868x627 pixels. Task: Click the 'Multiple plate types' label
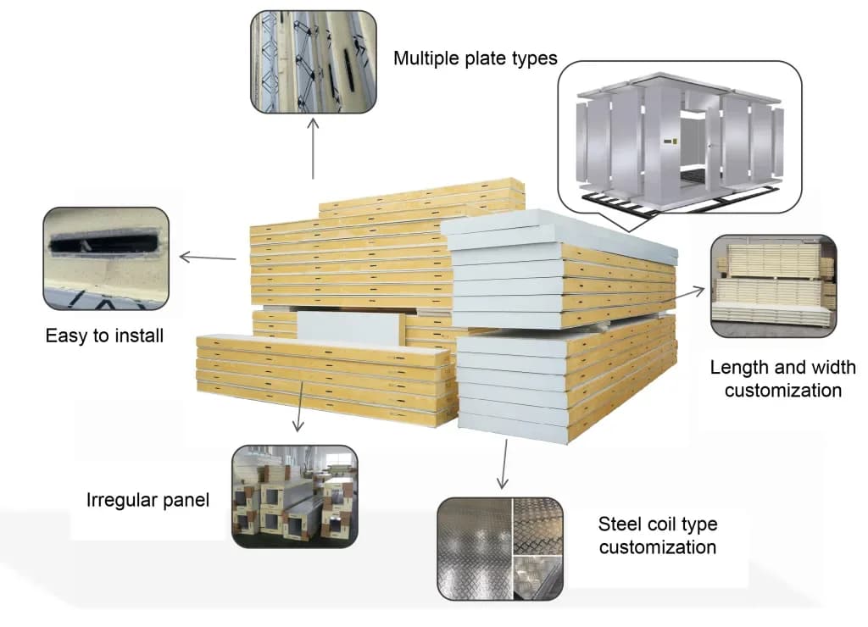click(476, 58)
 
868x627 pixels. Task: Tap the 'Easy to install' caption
click(104, 336)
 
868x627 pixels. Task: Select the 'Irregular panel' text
click(147, 500)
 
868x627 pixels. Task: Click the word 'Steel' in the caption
click(619, 523)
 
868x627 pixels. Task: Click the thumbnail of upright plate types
click(314, 61)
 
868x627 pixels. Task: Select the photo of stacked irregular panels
click(294, 497)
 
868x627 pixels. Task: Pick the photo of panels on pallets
click(773, 286)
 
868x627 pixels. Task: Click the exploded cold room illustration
click(678, 136)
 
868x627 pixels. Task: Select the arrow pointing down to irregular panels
click(298, 408)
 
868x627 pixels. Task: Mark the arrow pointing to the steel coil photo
click(504, 464)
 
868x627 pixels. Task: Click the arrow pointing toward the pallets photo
click(689, 293)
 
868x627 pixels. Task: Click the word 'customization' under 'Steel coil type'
click(657, 547)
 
